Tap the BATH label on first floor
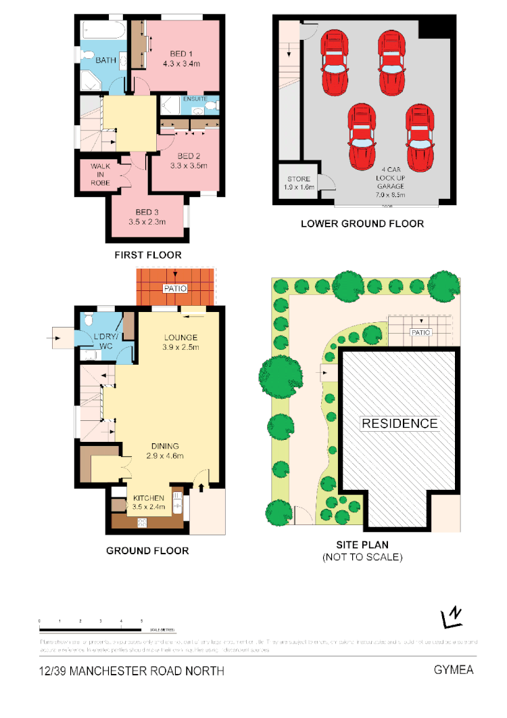105,60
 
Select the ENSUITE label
195,99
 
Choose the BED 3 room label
147,211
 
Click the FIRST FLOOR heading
147,255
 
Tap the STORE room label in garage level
297,179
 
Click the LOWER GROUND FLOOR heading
362,223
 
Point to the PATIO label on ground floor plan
175,288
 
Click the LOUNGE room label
180,337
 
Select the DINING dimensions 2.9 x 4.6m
165,456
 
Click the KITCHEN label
148,498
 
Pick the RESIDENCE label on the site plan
400,424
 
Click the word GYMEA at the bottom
454,670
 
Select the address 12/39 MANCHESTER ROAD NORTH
132,671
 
